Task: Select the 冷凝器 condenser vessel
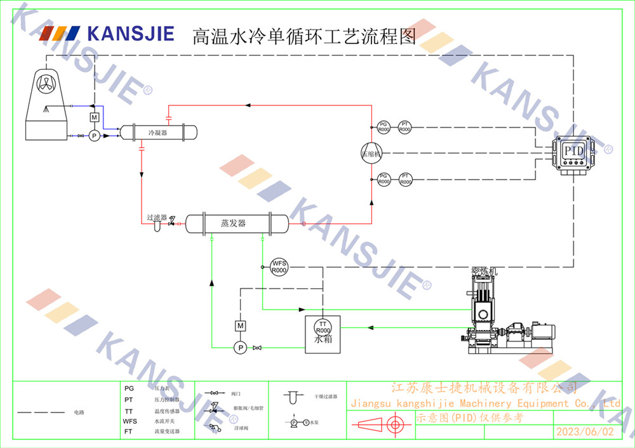(158, 133)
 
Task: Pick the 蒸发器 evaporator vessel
(236, 223)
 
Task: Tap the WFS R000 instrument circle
(279, 267)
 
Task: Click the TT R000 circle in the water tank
(323, 327)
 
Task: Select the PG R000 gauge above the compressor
(384, 127)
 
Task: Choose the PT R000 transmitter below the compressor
(405, 179)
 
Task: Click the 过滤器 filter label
(157, 217)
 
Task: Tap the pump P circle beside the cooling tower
(94, 135)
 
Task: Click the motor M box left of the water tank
(240, 326)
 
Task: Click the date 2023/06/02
(585, 432)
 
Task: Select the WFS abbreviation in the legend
(130, 421)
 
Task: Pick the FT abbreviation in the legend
(129, 431)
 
